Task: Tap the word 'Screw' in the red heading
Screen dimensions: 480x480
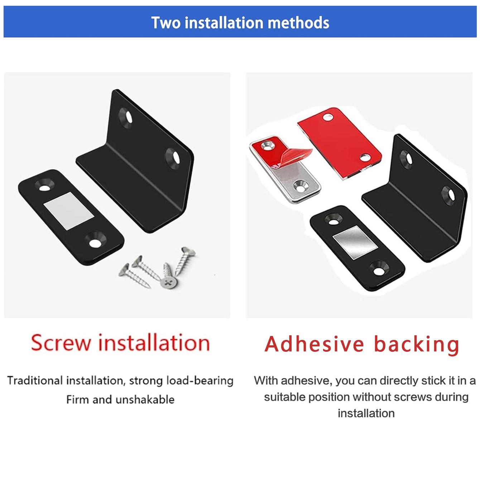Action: (x=61, y=342)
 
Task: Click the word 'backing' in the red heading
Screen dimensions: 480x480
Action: (x=417, y=345)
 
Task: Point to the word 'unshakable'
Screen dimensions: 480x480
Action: (x=145, y=399)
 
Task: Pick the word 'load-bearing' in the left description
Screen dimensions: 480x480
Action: (x=200, y=380)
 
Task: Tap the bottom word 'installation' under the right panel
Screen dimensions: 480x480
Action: (x=366, y=413)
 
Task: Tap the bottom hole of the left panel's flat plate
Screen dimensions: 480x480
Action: (x=95, y=243)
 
